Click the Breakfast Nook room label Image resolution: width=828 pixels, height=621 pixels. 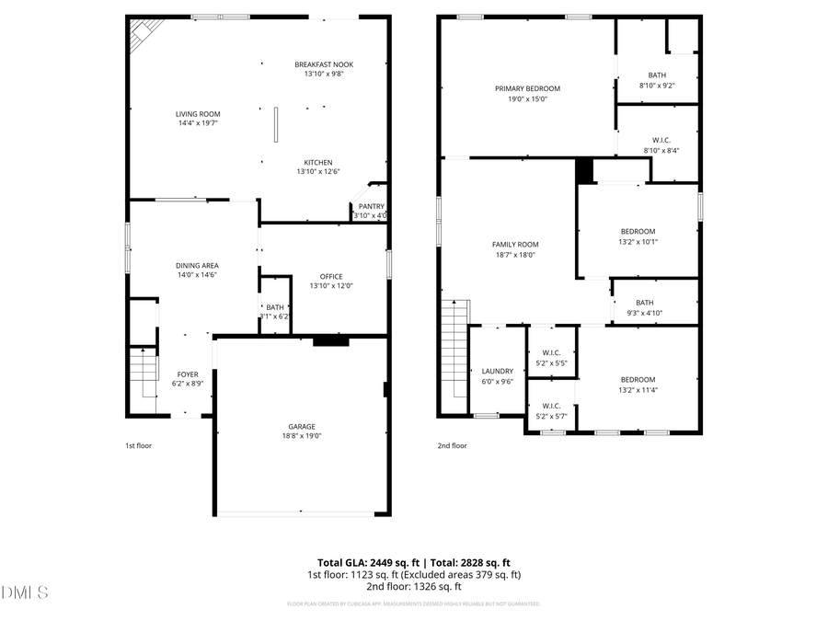324,64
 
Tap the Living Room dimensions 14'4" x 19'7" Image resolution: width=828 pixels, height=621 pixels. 198,122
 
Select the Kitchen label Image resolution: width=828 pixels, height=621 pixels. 319,163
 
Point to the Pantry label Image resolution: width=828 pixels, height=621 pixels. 372,207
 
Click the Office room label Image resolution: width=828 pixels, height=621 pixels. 331,276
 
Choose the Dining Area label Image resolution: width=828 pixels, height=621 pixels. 198,265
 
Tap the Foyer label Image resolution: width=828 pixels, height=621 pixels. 188,374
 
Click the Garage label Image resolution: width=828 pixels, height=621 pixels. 302,426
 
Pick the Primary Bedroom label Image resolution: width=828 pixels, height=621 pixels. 527,88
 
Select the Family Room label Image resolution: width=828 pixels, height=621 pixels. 515,244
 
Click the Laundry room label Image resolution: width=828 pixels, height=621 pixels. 498,372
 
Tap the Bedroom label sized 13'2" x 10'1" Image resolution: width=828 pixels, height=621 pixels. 638,231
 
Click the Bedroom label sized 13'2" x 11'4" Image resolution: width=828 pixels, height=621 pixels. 638,380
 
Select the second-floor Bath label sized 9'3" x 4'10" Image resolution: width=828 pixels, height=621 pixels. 644,302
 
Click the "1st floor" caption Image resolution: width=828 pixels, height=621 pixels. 138,445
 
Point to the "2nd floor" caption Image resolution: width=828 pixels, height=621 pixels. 452,445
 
